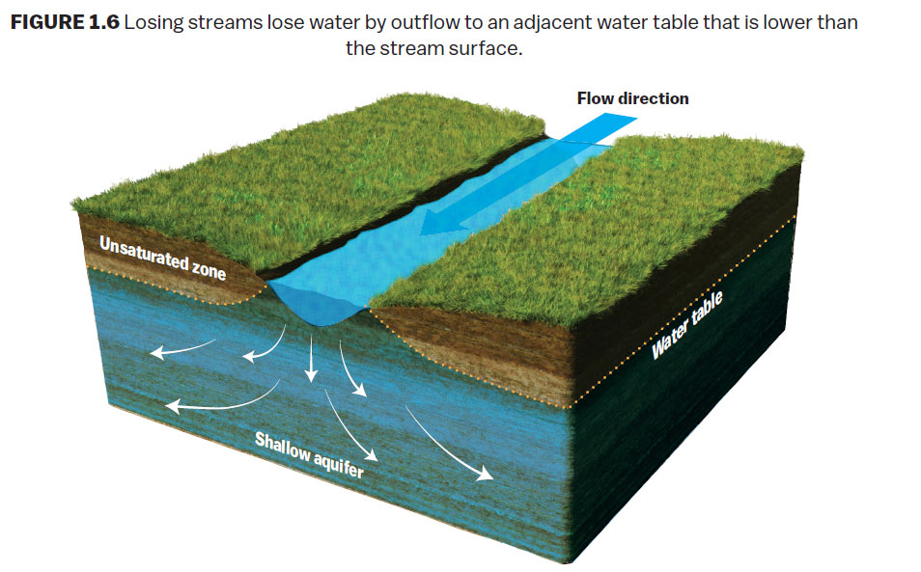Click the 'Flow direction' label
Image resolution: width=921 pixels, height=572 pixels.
pos(632,98)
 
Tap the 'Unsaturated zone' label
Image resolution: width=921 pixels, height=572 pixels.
pos(162,258)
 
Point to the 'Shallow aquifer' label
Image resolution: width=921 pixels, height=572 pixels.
pos(309,454)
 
